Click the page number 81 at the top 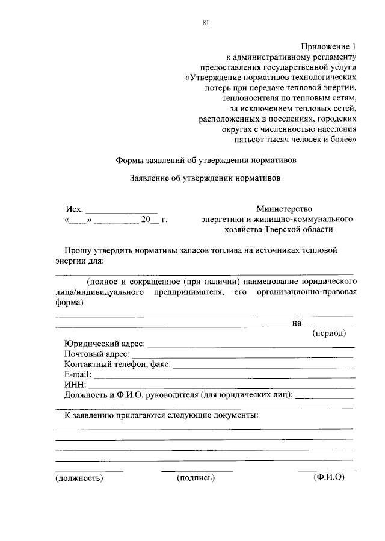click(x=206, y=23)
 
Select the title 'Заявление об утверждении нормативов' click(x=205, y=178)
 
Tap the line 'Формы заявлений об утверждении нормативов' click(x=205, y=161)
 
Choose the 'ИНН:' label click(x=75, y=385)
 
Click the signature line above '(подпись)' click(x=197, y=470)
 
